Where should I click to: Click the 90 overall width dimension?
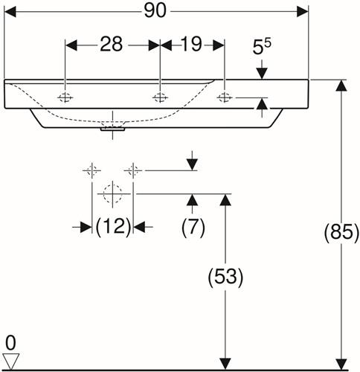tap(155, 11)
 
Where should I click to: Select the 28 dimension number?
tap(112, 44)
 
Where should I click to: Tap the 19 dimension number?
tap(191, 44)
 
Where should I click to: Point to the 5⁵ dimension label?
tap(262, 47)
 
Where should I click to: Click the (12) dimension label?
tap(113, 226)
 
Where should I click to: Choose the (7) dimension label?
tap(193, 227)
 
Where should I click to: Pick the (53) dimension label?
tap(225, 277)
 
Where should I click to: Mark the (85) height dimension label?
tap(341, 232)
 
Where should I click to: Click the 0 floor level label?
tap(10, 343)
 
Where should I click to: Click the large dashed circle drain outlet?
tap(112, 193)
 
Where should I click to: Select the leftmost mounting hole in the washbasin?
tap(65, 97)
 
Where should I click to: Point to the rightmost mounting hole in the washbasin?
tap(225, 97)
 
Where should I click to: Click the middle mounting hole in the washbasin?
tap(160, 97)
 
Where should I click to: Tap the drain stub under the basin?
tap(112, 129)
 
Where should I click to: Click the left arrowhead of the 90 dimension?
tap(10, 12)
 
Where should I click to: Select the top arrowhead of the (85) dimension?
tap(341, 86)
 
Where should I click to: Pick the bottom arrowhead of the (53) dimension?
tap(225, 364)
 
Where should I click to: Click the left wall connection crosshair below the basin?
tap(91, 170)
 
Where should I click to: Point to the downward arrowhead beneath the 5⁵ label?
tap(262, 74)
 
